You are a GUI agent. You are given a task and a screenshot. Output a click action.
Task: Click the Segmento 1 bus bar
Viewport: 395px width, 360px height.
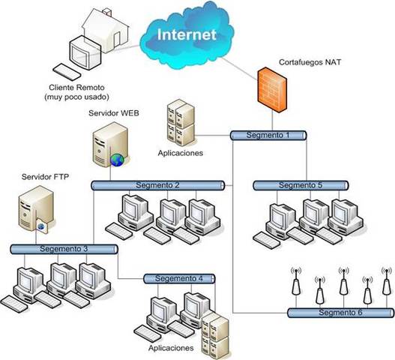point(268,135)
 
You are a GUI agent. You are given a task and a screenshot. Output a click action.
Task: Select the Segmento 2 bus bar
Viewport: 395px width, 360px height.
point(157,184)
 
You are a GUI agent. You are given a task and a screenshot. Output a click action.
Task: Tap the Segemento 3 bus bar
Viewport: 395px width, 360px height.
point(64,248)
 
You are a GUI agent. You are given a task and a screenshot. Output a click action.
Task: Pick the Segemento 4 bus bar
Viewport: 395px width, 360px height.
point(178,279)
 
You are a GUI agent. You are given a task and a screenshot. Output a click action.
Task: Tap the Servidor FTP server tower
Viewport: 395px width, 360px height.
point(34,211)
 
